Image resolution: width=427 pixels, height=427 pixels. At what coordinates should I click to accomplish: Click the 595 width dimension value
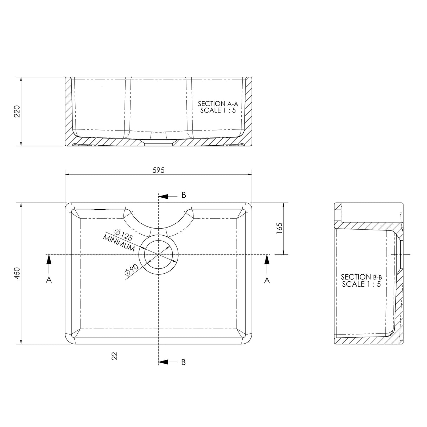click(x=159, y=170)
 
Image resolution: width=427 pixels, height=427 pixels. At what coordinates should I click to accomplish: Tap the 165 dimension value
click(x=280, y=228)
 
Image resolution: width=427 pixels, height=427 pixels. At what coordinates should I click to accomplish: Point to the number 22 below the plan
click(x=114, y=356)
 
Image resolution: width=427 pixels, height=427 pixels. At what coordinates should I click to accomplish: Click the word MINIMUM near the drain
click(x=119, y=243)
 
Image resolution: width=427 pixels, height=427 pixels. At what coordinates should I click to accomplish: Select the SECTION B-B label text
click(x=361, y=277)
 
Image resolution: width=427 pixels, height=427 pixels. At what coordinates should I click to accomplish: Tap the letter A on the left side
click(x=49, y=280)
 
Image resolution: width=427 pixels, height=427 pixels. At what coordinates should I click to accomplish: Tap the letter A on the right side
click(x=267, y=280)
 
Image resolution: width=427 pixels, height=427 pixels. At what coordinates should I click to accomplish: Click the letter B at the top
click(x=183, y=196)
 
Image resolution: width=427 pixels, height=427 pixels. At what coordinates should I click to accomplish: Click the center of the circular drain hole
click(x=159, y=254)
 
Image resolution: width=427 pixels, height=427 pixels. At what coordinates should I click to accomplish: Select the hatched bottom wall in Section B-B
click(x=366, y=339)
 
